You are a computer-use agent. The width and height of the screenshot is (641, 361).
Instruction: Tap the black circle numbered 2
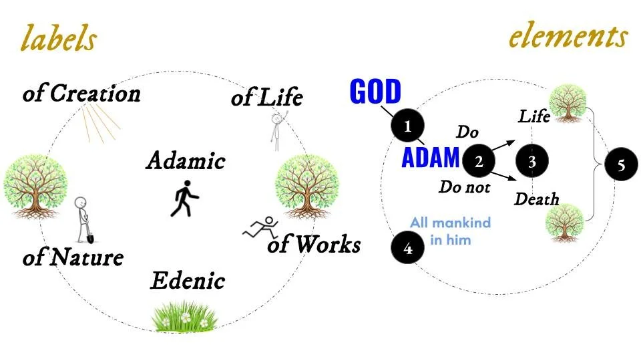coord(479,161)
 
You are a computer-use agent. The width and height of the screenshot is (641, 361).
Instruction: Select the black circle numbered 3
coord(531,161)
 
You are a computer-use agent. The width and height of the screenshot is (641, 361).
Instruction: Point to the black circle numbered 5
coord(621,165)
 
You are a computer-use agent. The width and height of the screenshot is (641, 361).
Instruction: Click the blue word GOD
coord(375,92)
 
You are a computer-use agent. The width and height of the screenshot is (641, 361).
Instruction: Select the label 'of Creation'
coord(81,94)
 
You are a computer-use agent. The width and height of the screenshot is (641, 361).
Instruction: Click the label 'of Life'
coord(266,98)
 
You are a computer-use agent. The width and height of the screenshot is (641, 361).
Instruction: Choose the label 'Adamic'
coord(186,161)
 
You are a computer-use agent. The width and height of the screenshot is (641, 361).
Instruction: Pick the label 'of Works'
coord(314,245)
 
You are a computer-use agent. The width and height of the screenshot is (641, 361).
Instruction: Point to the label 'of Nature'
coord(73,257)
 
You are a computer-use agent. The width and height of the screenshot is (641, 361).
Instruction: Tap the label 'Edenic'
coord(187,280)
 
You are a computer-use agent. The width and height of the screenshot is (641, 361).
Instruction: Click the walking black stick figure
coord(183,199)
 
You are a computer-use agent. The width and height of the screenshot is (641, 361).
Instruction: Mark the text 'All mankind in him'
coord(450,231)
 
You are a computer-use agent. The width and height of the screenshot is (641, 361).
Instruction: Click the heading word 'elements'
coord(568,36)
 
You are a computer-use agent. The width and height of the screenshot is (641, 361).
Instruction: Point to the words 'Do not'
coord(464,187)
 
